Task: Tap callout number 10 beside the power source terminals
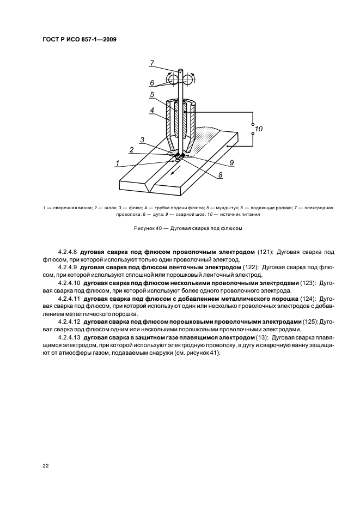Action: pos(259,129)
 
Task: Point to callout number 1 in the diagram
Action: pos(117,162)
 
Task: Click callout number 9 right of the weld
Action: pos(231,162)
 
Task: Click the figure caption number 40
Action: pos(158,228)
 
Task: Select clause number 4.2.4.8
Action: pos(68,253)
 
